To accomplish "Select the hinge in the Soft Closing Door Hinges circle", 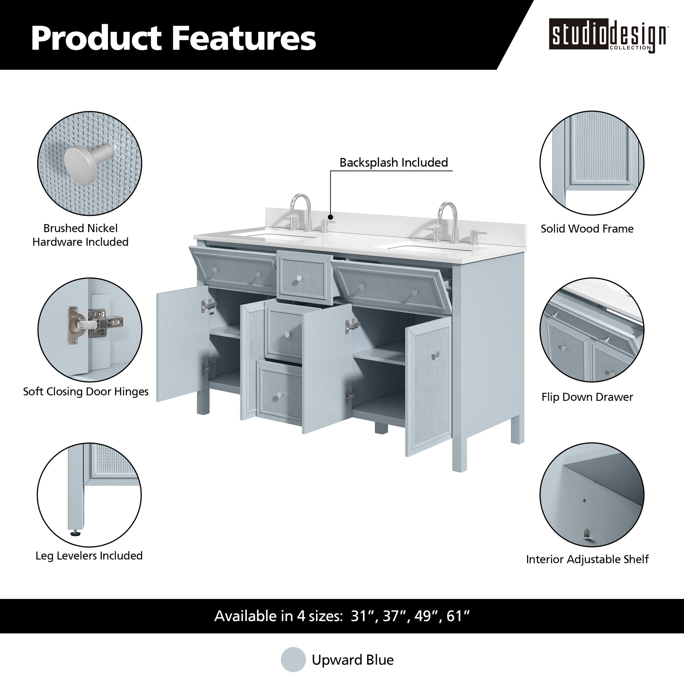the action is (x=94, y=325).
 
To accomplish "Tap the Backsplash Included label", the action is (x=394, y=163).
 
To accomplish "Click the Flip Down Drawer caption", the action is (x=587, y=397).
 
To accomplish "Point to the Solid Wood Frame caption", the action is (x=587, y=228).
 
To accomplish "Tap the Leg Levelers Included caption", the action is (x=89, y=555).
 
